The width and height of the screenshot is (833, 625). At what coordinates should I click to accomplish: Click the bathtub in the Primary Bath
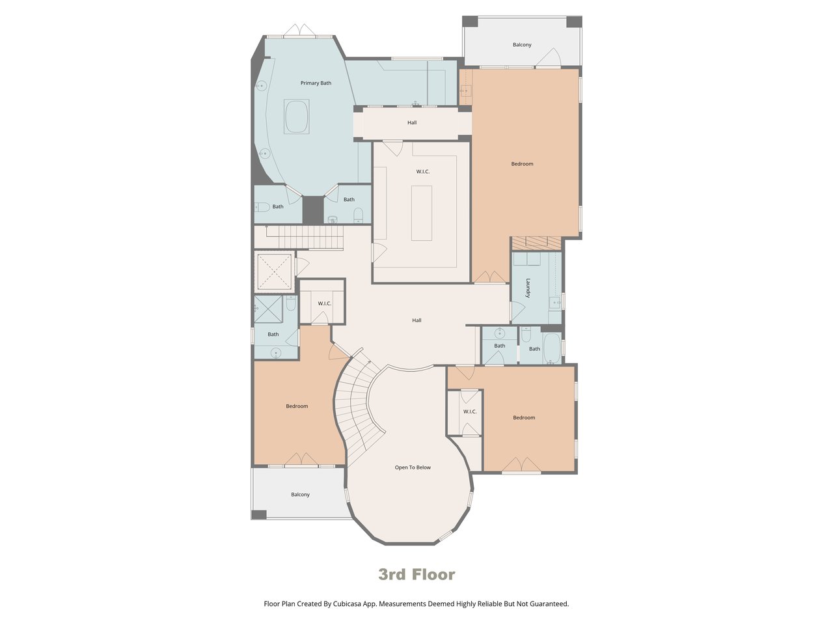[296, 117]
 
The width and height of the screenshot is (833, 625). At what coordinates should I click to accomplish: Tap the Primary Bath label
[316, 83]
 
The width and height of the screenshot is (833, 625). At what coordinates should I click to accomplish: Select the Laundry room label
[528, 288]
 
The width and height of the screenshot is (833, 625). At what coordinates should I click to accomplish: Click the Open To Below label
[413, 467]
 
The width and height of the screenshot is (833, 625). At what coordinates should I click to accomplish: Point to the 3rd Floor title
[416, 574]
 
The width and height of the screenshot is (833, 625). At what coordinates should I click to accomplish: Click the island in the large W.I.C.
[422, 213]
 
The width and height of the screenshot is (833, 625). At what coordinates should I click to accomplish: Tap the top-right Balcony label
[522, 45]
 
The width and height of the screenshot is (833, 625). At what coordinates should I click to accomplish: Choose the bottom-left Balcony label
[300, 494]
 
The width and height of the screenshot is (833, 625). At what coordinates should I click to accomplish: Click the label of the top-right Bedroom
[522, 164]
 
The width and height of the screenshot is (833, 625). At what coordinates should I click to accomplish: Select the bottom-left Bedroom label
[297, 406]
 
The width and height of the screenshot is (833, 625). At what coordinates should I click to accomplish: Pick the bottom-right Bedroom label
[524, 417]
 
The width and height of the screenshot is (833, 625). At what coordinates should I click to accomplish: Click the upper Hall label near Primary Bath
[412, 122]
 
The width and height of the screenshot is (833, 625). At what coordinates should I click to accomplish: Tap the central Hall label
[416, 320]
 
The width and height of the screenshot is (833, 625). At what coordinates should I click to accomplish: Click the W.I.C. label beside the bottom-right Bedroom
[470, 411]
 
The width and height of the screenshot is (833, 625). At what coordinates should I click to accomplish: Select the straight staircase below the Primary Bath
[310, 237]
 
